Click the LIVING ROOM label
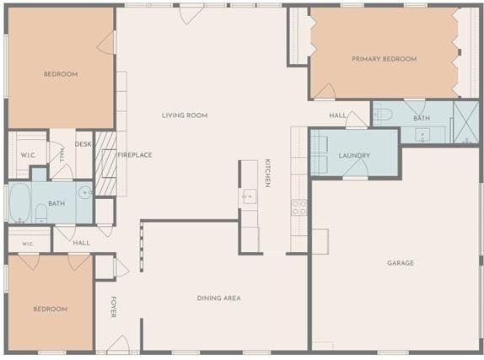(x=185, y=116)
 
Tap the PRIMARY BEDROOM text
(x=385, y=59)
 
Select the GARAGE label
(x=401, y=263)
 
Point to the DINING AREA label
(x=219, y=298)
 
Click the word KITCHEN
(x=267, y=173)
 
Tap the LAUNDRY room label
(x=354, y=155)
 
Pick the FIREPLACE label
(x=135, y=155)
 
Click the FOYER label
(x=113, y=307)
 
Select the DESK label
(x=83, y=144)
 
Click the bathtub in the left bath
(x=20, y=202)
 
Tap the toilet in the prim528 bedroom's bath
(x=384, y=114)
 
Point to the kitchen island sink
(x=250, y=196)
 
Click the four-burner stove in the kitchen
(x=299, y=207)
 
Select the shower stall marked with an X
(x=466, y=122)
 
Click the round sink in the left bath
(x=84, y=193)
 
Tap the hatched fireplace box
(x=106, y=164)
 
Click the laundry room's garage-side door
(x=356, y=169)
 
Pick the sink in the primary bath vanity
(x=422, y=135)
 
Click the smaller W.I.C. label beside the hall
(x=28, y=244)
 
